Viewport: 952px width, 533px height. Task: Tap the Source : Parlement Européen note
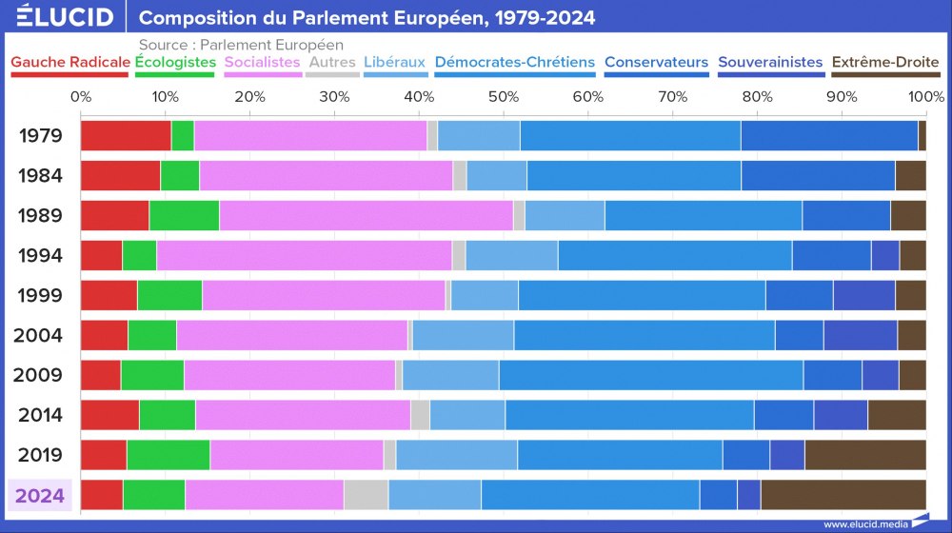point(241,45)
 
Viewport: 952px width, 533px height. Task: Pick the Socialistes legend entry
point(263,63)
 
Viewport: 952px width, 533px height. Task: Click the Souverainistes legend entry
point(770,63)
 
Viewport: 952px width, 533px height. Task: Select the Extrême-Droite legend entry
point(885,63)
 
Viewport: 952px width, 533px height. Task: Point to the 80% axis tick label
point(757,96)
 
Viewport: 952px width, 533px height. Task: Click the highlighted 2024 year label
point(40,495)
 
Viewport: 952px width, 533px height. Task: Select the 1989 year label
point(40,215)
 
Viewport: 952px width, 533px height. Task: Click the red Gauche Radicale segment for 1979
point(126,136)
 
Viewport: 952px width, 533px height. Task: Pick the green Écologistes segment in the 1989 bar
point(184,216)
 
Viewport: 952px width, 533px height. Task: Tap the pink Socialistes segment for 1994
point(304,256)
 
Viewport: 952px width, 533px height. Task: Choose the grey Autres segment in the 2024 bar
point(366,495)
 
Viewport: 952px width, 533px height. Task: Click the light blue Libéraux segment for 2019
point(456,455)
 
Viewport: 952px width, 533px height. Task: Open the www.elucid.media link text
point(864,523)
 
